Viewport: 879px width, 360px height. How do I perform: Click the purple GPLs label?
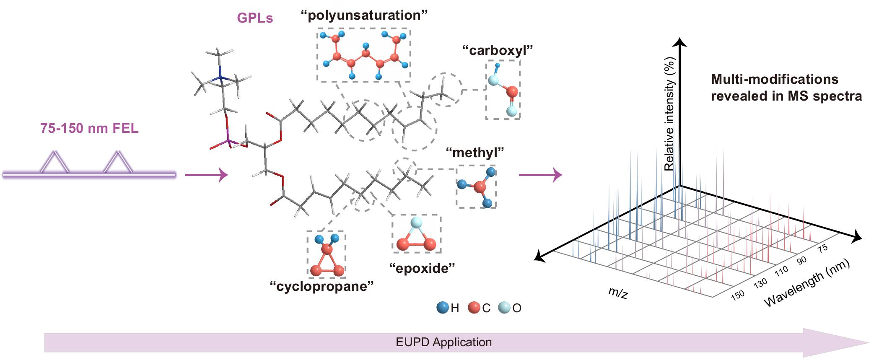coord(255,18)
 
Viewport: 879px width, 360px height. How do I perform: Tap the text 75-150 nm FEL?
coord(89,128)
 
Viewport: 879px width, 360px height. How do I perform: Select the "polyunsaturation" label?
coord(364,16)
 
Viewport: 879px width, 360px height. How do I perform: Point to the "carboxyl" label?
coord(497,51)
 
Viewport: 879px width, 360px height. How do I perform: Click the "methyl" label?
coord(475,153)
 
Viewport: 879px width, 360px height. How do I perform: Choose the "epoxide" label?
coord(422,268)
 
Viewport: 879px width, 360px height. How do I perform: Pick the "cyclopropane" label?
coord(322,287)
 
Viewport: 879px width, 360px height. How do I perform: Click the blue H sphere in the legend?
coord(442,308)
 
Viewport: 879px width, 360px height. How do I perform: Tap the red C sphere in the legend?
coord(474,308)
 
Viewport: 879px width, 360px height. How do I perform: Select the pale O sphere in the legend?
coord(504,308)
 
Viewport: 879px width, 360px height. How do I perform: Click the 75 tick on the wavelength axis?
coord(822,248)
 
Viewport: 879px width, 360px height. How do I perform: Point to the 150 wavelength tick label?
coord(738,295)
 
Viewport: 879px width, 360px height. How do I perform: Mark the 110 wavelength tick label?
coord(781,272)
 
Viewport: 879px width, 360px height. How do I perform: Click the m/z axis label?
coord(618,293)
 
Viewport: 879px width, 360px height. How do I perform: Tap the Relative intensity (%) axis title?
coord(669,114)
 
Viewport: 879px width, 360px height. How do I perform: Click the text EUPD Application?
coord(443,342)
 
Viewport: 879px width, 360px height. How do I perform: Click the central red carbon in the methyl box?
coord(480,187)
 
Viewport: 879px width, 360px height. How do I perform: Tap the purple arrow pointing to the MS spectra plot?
coord(540,174)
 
